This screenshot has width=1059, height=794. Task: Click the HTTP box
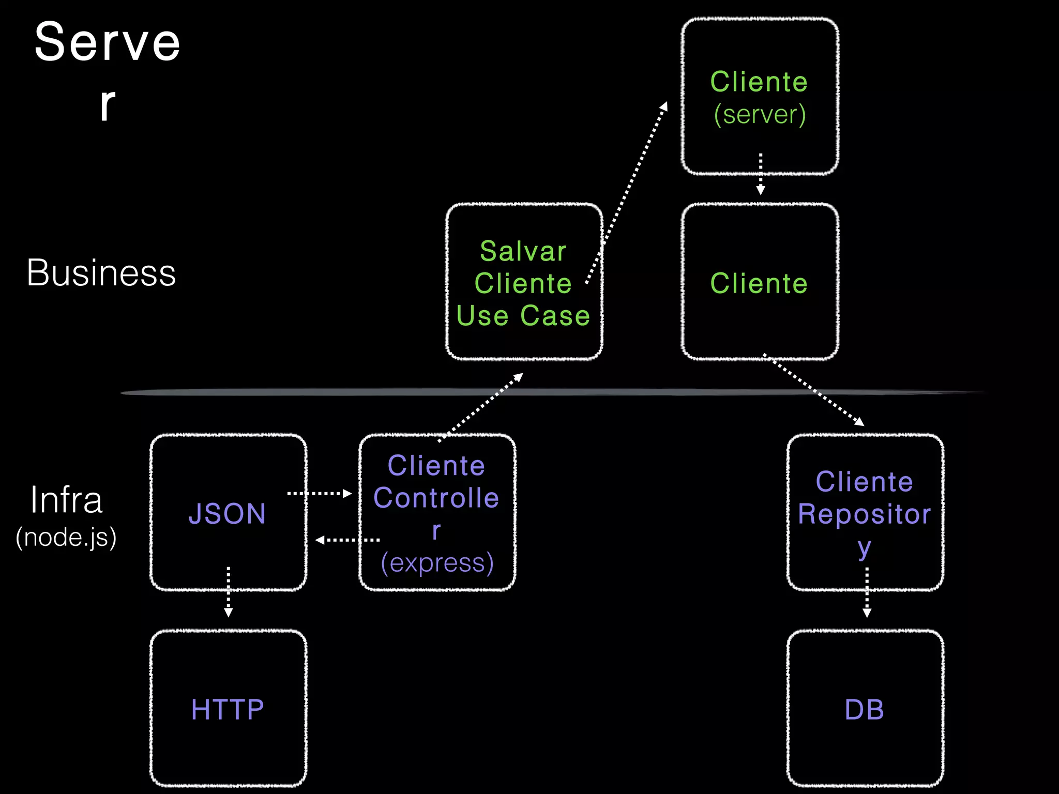click(x=228, y=708)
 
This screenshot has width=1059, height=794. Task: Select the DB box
click(x=865, y=708)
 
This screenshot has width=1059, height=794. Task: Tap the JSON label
click(x=228, y=513)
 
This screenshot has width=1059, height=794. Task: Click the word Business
click(x=101, y=273)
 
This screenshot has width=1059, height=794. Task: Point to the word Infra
click(x=66, y=500)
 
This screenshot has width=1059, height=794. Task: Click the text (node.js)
click(x=66, y=537)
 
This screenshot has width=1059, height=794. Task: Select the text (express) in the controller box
click(x=437, y=563)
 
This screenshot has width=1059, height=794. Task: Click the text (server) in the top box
click(x=760, y=114)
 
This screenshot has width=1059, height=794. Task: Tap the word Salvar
click(x=523, y=251)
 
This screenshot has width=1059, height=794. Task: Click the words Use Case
click(x=523, y=315)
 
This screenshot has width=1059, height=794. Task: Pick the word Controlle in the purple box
click(x=436, y=498)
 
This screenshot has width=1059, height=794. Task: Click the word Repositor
click(x=865, y=514)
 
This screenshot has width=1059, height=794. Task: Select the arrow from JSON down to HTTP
click(x=228, y=592)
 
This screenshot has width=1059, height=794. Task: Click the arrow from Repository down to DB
click(x=867, y=592)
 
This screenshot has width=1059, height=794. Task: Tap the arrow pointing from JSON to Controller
click(x=320, y=494)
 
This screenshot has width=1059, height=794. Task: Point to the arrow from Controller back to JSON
click(x=347, y=540)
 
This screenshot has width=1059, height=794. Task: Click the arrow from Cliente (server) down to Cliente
click(x=761, y=174)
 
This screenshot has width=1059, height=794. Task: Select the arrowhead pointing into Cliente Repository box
click(x=859, y=422)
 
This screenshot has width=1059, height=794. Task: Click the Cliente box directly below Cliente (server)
click(x=760, y=282)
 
